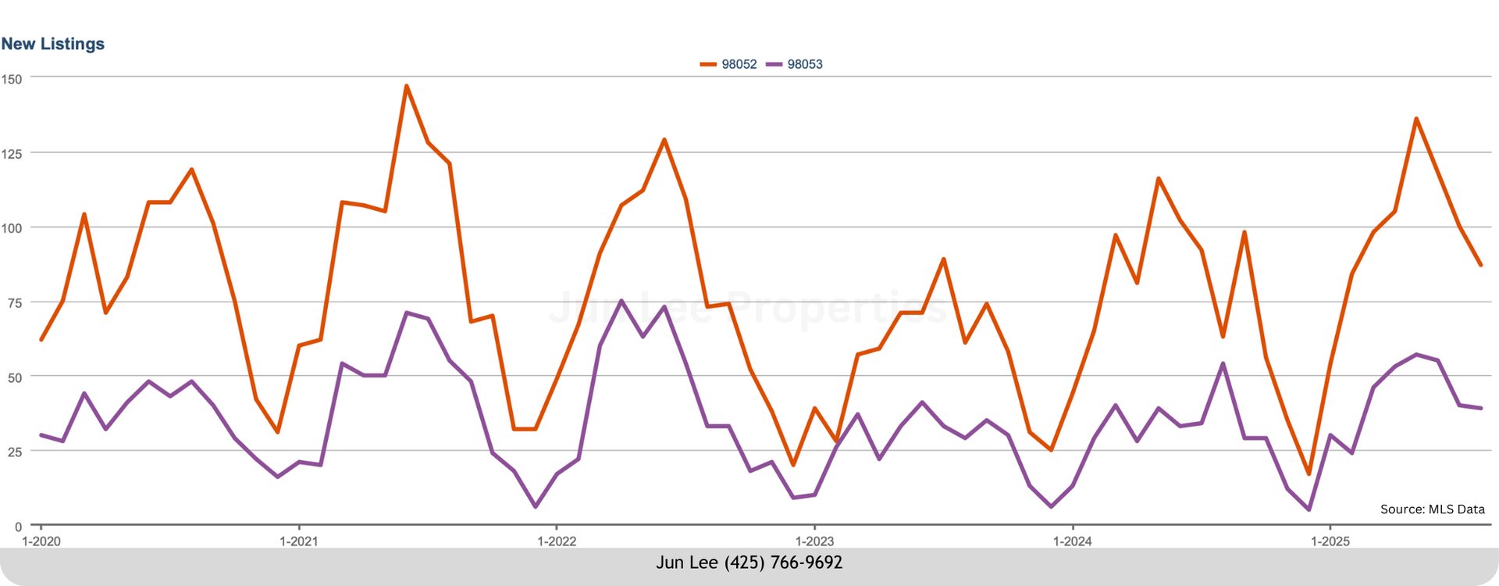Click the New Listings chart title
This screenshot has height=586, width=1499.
(53, 44)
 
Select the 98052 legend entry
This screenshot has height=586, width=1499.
(738, 64)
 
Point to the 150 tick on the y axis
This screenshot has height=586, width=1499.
(12, 79)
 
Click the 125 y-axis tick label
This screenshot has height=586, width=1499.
(12, 154)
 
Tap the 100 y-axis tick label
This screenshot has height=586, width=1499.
(12, 228)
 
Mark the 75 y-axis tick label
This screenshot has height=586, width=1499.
(15, 303)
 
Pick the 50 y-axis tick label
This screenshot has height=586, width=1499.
(15, 377)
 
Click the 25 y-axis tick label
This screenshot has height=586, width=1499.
(15, 452)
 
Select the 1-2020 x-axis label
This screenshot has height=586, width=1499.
(41, 541)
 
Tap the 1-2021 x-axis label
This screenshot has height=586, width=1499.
(299, 541)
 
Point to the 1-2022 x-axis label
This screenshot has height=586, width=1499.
(557, 541)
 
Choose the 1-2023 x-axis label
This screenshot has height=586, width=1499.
(814, 541)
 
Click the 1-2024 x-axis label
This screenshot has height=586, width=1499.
(1073, 541)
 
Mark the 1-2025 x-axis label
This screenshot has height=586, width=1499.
(1330, 541)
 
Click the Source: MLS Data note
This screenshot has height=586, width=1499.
(1432, 509)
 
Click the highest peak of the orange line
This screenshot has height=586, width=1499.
(406, 86)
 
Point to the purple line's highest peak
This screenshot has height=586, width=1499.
(621, 301)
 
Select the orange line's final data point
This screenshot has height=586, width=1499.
(1480, 265)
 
